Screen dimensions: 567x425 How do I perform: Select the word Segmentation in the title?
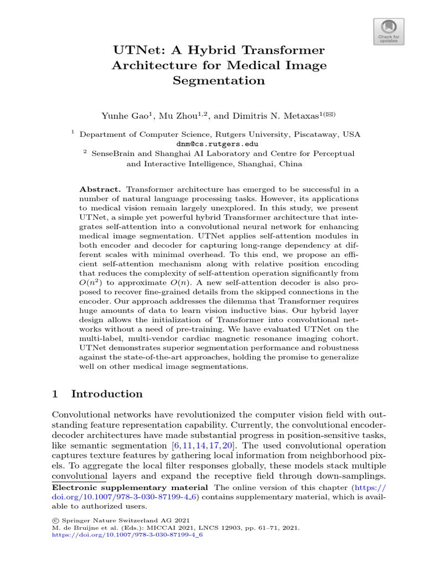(x=219, y=80)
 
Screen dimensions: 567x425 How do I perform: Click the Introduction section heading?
(x=107, y=394)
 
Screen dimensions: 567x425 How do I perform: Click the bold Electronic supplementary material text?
(x=129, y=487)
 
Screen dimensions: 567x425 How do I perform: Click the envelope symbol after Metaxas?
(x=330, y=114)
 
